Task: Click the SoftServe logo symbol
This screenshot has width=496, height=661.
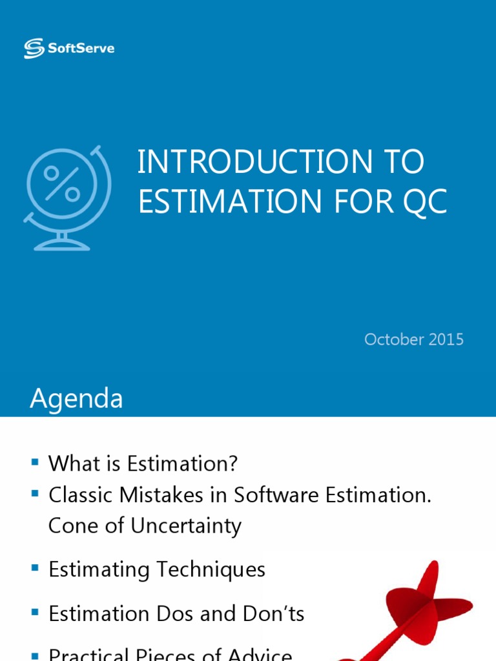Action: pyautogui.click(x=34, y=48)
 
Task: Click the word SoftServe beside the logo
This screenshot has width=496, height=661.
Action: pyautogui.click(x=81, y=48)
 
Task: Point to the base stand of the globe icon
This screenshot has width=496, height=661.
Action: pyautogui.click(x=63, y=243)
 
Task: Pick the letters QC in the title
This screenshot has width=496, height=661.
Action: pyautogui.click(x=425, y=201)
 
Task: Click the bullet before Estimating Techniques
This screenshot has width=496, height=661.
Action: pyautogui.click(x=35, y=568)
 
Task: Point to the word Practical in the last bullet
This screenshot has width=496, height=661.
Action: pyautogui.click(x=88, y=655)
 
